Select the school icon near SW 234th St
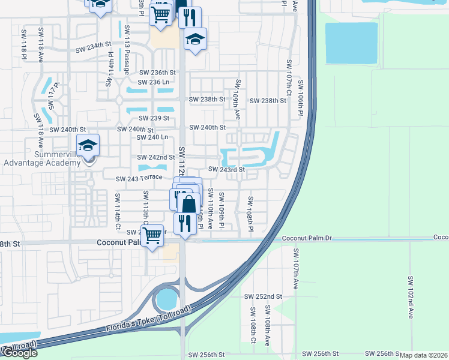(x=195, y=40)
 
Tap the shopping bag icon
(x=188, y=203)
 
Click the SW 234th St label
(x=94, y=44)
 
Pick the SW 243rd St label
(x=226, y=170)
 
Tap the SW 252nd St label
(x=263, y=296)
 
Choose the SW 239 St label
(x=154, y=118)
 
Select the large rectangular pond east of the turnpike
(x=351, y=43)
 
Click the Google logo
(x=19, y=353)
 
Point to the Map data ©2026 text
(x=424, y=355)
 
